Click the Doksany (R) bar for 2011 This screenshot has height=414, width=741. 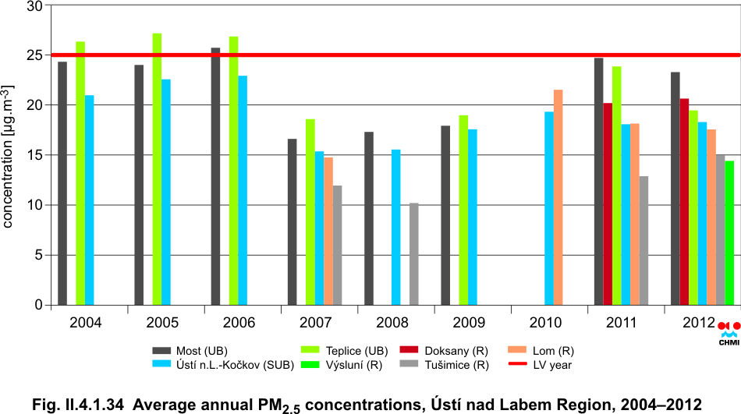[x=608, y=203]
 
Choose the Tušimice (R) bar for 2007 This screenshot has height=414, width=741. [x=337, y=245]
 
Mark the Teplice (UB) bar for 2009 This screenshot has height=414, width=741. [x=463, y=210]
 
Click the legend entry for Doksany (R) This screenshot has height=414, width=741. [x=441, y=351]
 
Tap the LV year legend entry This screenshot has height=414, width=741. [x=538, y=363]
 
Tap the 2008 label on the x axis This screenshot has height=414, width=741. [x=392, y=321]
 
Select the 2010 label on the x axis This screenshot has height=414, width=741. [x=545, y=321]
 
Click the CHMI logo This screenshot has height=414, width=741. [x=729, y=332]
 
